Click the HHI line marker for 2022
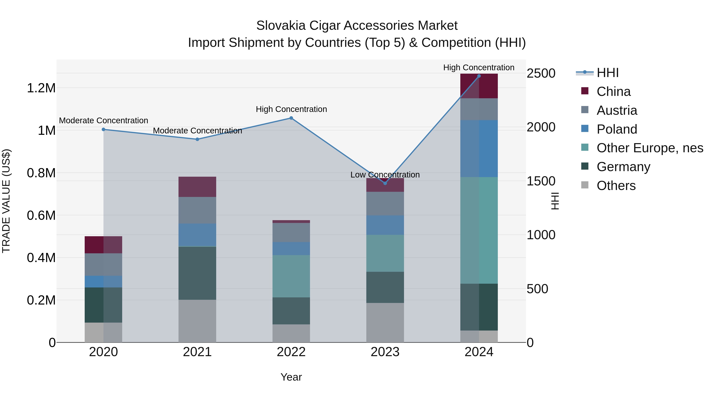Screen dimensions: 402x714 (x=291, y=118)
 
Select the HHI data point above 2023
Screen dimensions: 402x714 (x=385, y=183)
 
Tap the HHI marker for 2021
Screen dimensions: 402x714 (x=197, y=139)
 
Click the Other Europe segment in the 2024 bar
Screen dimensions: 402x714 (x=479, y=230)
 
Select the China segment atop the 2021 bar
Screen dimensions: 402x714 (x=197, y=187)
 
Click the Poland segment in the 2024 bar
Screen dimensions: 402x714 (x=479, y=148)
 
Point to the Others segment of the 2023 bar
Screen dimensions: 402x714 (x=385, y=322)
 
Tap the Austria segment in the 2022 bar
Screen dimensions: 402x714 (x=291, y=232)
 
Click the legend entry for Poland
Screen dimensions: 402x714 (x=617, y=129)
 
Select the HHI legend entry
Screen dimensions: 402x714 (x=607, y=73)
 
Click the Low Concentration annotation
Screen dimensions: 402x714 (x=385, y=175)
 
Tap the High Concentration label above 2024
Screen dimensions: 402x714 (x=479, y=67)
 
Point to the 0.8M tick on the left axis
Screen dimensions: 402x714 (x=41, y=173)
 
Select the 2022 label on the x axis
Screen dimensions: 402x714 (x=291, y=352)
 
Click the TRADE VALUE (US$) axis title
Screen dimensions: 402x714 (x=6, y=201)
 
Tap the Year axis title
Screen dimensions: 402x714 (x=291, y=377)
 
